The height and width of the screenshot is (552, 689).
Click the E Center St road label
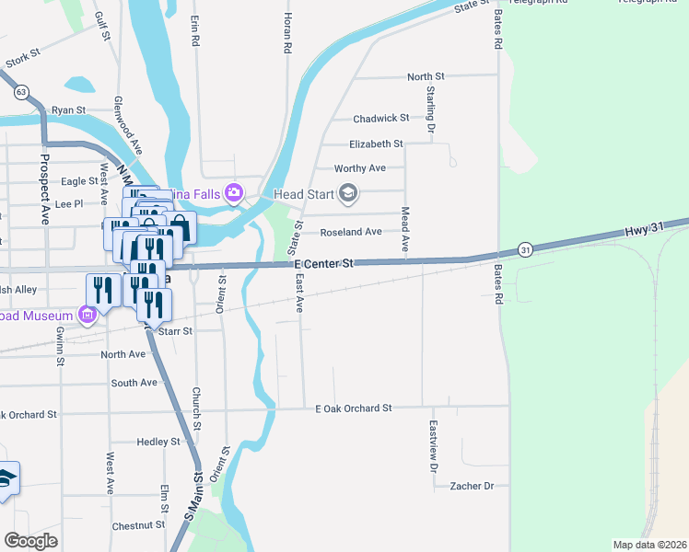click(323, 264)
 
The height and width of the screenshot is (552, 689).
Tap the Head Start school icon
click(347, 193)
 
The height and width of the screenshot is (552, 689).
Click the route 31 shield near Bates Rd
click(524, 249)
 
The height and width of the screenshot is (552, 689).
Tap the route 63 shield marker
click(21, 93)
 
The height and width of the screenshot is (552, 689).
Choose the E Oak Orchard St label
click(354, 408)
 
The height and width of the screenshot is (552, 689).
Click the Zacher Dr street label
click(472, 485)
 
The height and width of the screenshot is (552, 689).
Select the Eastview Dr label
click(433, 447)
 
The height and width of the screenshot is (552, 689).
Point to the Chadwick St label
click(381, 119)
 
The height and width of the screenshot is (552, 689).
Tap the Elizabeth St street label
click(376, 144)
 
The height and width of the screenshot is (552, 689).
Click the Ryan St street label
click(68, 109)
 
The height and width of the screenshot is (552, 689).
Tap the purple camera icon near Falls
click(234, 192)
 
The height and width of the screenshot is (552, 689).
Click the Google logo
click(30, 541)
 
